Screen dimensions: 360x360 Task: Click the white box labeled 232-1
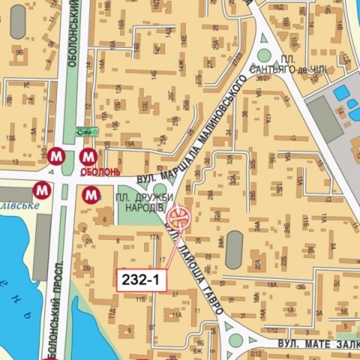(x=141, y=280)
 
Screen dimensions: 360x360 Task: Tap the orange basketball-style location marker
(x=178, y=216)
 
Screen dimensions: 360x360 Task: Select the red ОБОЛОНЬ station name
(x=99, y=173)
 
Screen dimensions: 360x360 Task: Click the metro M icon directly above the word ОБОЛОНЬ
(x=88, y=156)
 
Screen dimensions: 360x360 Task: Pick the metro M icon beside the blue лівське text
(x=43, y=190)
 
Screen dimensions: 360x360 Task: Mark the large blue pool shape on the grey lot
(x=339, y=93)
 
